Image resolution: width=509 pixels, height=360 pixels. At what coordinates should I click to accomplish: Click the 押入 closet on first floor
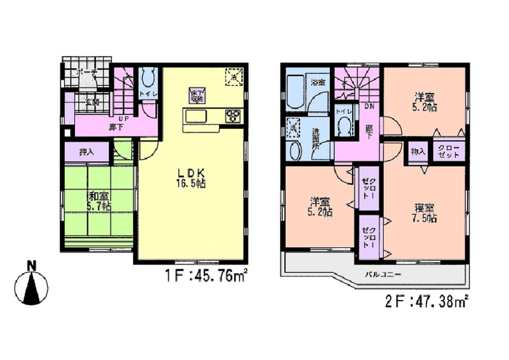pos(87,152)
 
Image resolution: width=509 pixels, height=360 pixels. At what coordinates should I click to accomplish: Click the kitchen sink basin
pos(196,117)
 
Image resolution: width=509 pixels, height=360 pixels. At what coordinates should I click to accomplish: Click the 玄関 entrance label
pos(92,102)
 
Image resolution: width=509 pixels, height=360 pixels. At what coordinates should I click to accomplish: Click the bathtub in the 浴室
pos(295,92)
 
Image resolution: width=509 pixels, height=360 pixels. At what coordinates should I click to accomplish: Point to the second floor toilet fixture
pos(345,125)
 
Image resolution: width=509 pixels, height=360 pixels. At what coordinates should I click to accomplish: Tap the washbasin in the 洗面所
pos(295,151)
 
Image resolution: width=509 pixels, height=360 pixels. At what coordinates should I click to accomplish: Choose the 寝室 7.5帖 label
pos(425,213)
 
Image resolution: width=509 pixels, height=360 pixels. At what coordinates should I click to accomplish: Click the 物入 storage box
pos(418,152)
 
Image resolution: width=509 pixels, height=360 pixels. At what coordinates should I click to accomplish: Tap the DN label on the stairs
pos(370,106)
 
